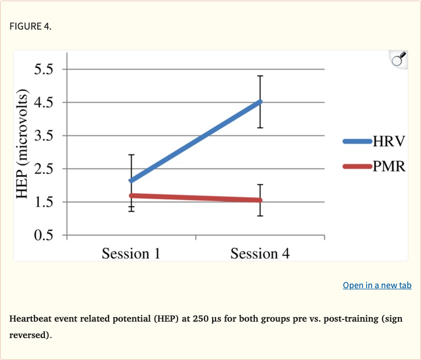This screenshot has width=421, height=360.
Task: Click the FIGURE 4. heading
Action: point(30,26)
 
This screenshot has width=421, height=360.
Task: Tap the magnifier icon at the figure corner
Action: point(398,59)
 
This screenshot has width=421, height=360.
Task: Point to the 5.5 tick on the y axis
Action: point(43,70)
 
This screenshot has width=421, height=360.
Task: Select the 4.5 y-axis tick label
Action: point(43,102)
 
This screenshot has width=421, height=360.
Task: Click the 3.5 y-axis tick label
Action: point(43,136)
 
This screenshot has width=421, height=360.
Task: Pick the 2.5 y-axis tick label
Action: point(43,169)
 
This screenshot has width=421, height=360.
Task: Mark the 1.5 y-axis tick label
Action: point(43,202)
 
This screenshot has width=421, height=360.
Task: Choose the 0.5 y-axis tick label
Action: point(43,236)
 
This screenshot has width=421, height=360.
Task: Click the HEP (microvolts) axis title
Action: point(22,146)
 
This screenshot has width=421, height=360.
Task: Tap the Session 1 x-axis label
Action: point(131,254)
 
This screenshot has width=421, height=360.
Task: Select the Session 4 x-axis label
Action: point(260,254)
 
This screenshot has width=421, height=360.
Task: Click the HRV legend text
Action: point(389,141)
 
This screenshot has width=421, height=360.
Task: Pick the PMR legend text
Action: point(389,166)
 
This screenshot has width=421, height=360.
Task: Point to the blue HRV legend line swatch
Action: point(357,141)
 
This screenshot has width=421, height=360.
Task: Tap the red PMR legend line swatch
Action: point(357,166)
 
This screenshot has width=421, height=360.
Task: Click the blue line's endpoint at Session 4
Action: point(260,102)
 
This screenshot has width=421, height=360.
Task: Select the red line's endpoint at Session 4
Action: point(260,200)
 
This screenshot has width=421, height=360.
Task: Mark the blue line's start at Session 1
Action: point(131,180)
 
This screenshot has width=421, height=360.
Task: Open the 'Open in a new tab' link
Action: point(377,285)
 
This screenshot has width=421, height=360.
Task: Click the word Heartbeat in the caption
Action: point(32,318)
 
